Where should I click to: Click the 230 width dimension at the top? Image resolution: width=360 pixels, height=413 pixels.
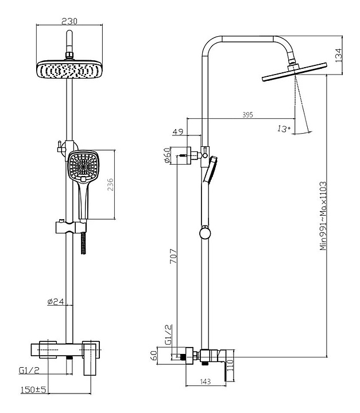[69, 21]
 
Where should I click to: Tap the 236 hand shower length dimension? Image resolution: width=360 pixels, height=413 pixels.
[110, 184]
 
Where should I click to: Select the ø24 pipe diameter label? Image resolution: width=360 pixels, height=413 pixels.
[56, 302]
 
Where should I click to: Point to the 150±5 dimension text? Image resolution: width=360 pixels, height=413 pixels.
[33, 389]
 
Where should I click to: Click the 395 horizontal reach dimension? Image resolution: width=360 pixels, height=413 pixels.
[247, 115]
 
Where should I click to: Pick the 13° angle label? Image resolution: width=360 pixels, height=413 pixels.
[284, 129]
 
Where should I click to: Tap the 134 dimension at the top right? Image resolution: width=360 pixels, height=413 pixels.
[338, 55]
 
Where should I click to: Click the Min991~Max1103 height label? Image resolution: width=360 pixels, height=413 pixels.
[323, 216]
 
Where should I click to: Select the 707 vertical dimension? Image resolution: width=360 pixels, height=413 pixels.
[173, 256]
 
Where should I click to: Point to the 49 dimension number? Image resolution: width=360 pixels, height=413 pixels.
[178, 131]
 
